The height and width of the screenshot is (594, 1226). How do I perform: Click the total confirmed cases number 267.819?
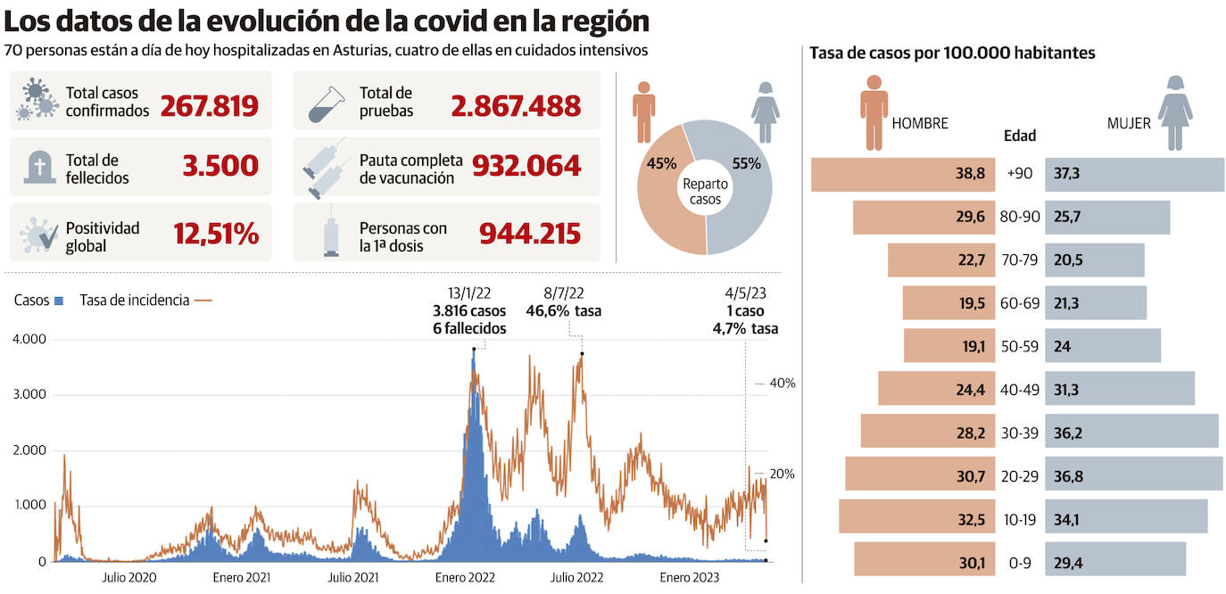[x=209, y=105]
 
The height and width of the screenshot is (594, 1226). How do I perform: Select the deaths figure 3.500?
[x=220, y=166]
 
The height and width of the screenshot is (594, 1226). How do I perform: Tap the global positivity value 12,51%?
[x=216, y=235]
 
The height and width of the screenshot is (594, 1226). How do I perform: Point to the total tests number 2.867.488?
[x=516, y=105]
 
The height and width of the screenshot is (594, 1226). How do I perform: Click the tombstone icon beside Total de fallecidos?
[x=38, y=167]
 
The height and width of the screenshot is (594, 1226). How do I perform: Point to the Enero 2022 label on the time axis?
[x=465, y=578]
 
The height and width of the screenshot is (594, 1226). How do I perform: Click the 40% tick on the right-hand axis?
[x=782, y=383]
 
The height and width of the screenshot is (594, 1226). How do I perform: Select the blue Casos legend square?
[x=59, y=301]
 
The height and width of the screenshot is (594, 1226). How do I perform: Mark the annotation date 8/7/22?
[x=563, y=293]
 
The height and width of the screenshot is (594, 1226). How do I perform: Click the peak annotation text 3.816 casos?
[x=468, y=311]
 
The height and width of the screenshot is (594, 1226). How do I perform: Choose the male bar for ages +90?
[x=902, y=174]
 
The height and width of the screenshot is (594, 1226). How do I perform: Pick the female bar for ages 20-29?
[x=1133, y=474]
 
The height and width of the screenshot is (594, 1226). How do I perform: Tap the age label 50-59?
[x=1019, y=346]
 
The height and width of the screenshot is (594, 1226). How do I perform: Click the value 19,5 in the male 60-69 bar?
[x=972, y=303]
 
